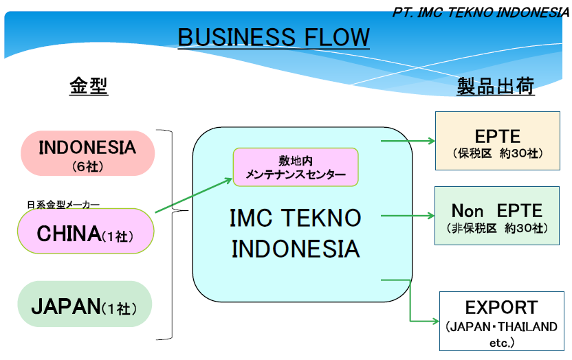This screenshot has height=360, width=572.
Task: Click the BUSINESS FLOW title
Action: pyautogui.click(x=274, y=37)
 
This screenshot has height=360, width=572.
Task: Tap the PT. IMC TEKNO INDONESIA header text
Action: pyautogui.click(x=481, y=13)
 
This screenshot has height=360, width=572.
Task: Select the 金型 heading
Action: pyautogui.click(x=89, y=86)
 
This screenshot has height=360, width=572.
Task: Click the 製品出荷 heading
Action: pyautogui.click(x=496, y=87)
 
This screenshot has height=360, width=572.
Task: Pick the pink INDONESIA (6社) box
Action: pyautogui.click(x=87, y=154)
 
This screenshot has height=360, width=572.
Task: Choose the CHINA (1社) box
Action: pyautogui.click(x=86, y=232)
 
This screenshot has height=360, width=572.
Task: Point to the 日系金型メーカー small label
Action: pyautogui.click(x=63, y=204)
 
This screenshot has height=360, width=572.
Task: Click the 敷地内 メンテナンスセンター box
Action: pyautogui.click(x=296, y=167)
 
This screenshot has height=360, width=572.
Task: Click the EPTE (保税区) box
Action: pyautogui.click(x=498, y=141)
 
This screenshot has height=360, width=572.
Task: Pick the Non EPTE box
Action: pyautogui.click(x=496, y=216)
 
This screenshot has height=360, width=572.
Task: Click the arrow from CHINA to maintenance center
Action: pyautogui.click(x=193, y=197)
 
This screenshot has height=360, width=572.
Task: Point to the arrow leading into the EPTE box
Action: pyautogui.click(x=408, y=141)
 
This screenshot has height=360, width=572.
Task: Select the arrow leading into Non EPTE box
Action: pyautogui.click(x=408, y=215)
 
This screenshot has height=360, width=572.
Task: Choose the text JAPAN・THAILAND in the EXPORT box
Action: pyautogui.click(x=501, y=327)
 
